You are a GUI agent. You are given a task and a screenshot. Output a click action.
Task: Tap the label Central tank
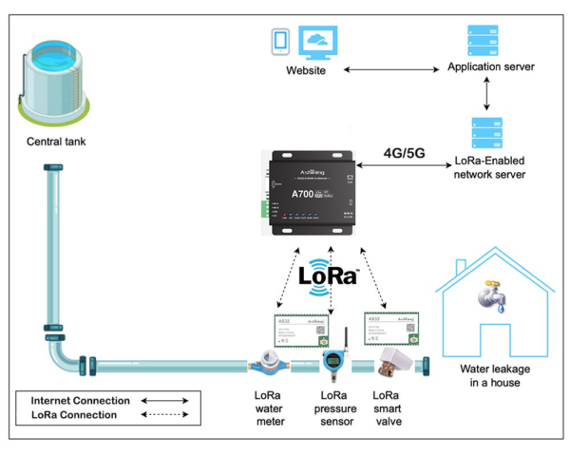[x=57, y=143]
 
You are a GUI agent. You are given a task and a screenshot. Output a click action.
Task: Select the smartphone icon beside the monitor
[x=280, y=41]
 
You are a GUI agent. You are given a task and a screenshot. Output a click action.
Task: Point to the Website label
[x=306, y=71]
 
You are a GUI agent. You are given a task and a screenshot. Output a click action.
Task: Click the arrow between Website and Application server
[x=394, y=70]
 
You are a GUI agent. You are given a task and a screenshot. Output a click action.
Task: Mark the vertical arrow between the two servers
[x=486, y=93]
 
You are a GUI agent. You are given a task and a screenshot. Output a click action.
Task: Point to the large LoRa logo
[x=328, y=275]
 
